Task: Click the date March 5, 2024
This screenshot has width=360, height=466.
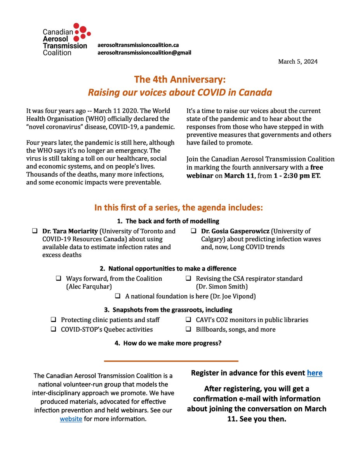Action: coord(297,62)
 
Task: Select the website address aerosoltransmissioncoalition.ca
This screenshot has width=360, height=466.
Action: coord(138,45)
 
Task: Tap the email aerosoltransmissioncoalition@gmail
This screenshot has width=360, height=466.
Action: coord(144,52)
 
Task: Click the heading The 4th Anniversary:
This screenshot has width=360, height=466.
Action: coord(179,79)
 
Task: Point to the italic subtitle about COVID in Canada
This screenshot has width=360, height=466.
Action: coord(179,92)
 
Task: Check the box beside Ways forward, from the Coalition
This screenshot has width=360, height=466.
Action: coord(59,278)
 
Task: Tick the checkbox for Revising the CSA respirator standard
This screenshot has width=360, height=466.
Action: coord(188,278)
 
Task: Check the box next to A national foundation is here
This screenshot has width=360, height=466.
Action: coord(118,296)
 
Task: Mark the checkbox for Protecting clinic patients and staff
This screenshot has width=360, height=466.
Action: coord(53,320)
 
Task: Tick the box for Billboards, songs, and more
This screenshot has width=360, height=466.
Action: coord(188,329)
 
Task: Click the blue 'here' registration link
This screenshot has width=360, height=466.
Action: coord(315,373)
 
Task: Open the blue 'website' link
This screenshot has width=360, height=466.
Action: coord(71,419)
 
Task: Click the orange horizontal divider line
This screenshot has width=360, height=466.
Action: coord(171,361)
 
